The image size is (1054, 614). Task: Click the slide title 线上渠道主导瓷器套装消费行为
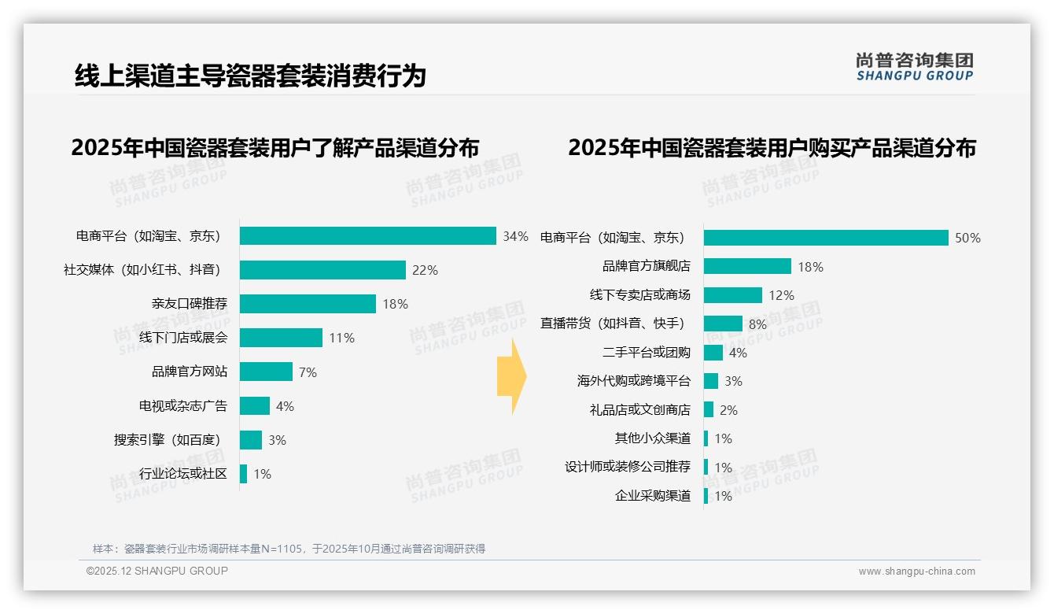coord(250,76)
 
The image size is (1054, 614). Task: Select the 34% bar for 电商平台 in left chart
coord(367,236)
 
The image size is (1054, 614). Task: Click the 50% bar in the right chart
coord(826,238)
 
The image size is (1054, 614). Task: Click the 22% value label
coord(425,270)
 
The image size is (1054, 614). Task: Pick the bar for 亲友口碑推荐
coord(308,304)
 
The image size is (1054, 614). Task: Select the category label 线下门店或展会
coord(183,338)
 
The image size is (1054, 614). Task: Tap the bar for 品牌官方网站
coord(266,372)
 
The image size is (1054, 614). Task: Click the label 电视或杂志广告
coord(183,406)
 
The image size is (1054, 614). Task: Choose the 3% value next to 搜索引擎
coord(277,440)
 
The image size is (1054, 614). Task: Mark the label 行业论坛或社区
coord(183,474)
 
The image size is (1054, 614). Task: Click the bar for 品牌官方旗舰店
coord(747,266)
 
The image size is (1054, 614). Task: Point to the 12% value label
coord(781,295)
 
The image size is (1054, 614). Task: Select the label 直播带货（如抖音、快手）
coord(613,324)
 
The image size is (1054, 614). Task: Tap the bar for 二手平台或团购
coord(713,353)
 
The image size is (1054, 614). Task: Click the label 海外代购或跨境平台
coord(634,381)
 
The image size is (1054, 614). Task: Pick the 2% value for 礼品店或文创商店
coord(728,410)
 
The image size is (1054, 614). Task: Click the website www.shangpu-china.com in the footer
coord(916,571)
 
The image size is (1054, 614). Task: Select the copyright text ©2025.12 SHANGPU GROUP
coord(157,571)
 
